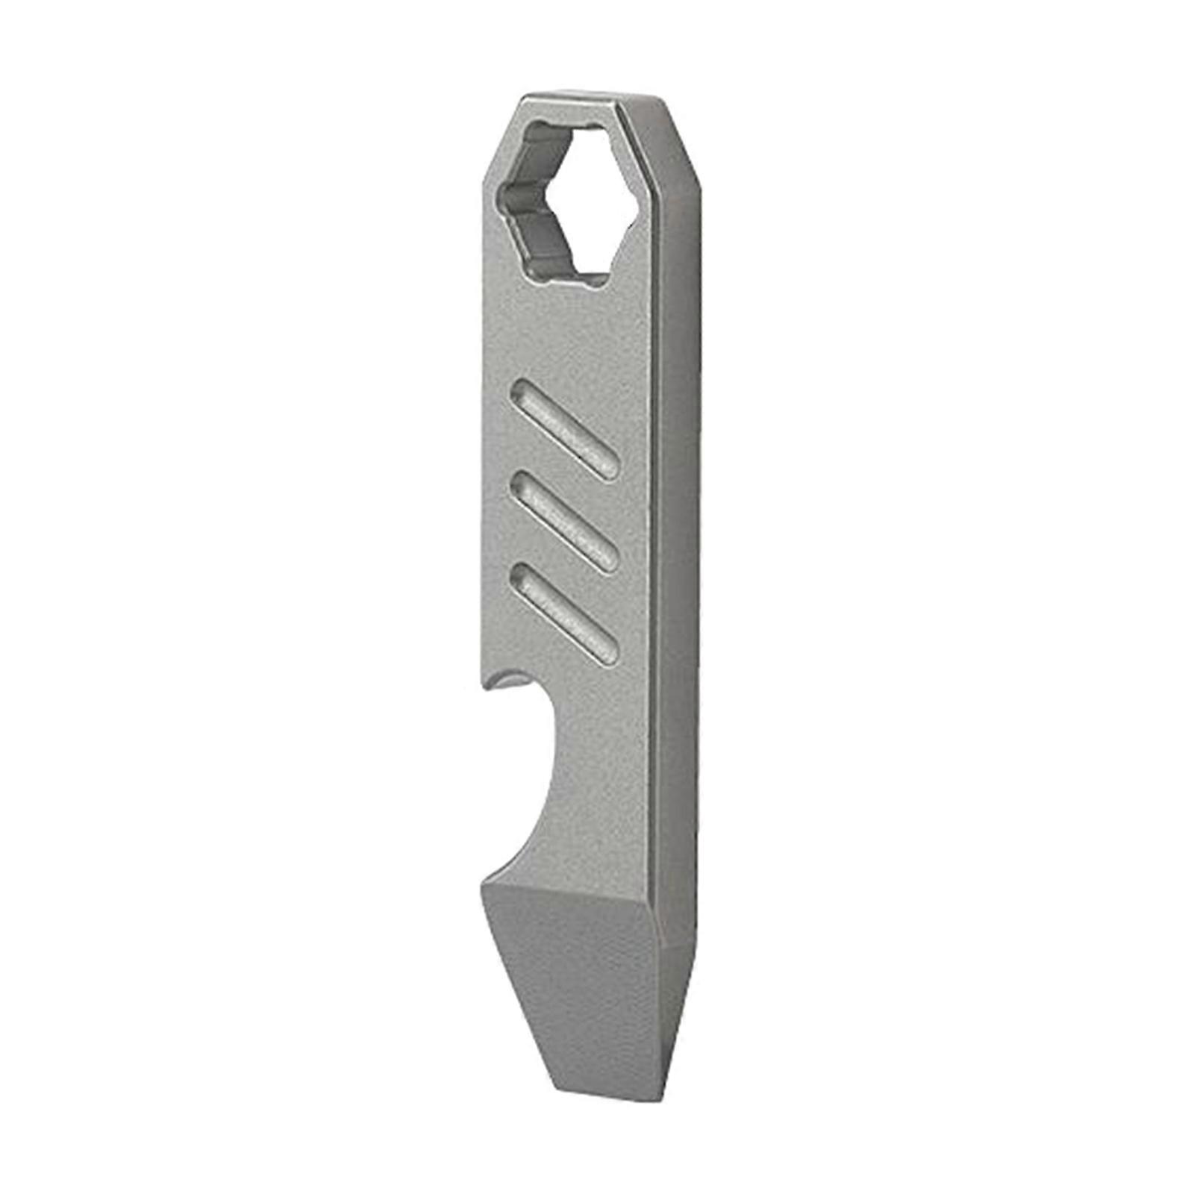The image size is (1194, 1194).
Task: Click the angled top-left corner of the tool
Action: (x=498, y=138)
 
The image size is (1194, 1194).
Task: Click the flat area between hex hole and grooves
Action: (x=567, y=328)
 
